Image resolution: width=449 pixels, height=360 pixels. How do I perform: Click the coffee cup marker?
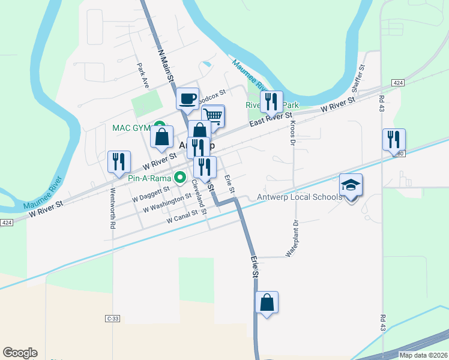click(x=187, y=98)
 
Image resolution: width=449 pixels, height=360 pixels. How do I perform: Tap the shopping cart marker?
click(x=213, y=115)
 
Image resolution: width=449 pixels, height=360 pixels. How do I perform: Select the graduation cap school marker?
click(x=351, y=185)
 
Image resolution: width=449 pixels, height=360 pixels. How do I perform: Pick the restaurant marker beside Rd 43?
click(x=394, y=140)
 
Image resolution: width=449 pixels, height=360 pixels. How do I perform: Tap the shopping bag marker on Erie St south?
click(x=267, y=303)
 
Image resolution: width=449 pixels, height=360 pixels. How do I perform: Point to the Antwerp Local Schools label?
click(x=300, y=197)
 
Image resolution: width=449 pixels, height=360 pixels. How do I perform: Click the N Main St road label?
click(x=165, y=66)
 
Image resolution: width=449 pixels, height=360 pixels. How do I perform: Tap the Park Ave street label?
click(x=142, y=74)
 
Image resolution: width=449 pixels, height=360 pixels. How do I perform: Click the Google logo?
click(x=20, y=353)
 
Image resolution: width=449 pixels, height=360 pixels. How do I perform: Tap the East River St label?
click(x=271, y=120)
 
